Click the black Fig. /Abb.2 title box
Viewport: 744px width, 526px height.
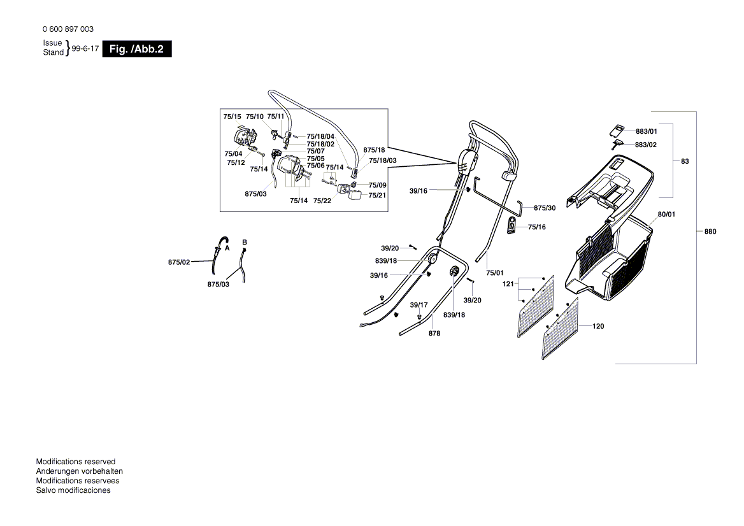137,49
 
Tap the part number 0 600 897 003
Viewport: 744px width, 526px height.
68,29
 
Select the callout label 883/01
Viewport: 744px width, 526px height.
647,131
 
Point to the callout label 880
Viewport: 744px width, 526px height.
710,231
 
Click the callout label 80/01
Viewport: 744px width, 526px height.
666,215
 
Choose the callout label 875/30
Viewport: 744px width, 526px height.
545,208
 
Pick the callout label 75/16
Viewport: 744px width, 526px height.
536,227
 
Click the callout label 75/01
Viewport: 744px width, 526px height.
494,273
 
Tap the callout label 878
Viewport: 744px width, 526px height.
434,334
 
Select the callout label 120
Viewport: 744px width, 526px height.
598,326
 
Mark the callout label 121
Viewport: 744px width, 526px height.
508,283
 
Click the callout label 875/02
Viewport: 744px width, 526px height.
179,262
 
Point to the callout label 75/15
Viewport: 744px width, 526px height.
232,117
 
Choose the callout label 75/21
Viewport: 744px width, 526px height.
377,195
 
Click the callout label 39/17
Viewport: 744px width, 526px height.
418,305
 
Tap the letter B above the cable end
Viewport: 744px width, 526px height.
245,243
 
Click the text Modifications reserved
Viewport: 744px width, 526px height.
75,462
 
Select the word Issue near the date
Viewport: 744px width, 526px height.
52,43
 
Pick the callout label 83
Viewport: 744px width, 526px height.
685,161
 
